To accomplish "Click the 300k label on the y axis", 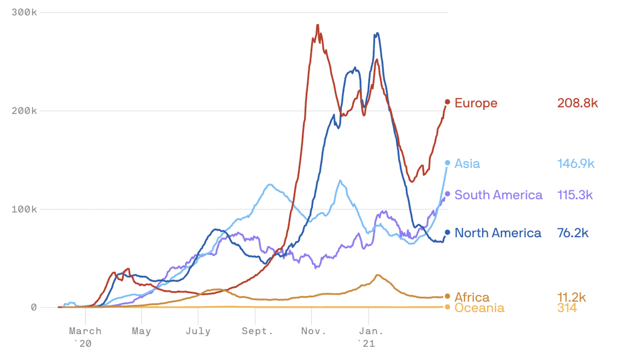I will coord(24,12).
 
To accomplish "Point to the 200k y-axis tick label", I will coord(24,111).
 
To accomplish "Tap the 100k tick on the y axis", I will coord(24,209).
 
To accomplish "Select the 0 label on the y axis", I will coord(34,307).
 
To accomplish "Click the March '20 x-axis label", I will coord(85,337).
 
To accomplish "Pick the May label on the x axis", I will coord(141,331).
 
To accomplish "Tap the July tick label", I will coord(198,331).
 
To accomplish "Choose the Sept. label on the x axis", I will coord(257,331).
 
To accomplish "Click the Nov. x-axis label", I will coord(313,331).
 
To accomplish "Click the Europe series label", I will coord(476,103).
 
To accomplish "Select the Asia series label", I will coord(467,164).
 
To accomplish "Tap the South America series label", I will coord(499,195).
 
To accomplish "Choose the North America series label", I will coord(498,233).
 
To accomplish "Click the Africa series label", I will coord(472,297).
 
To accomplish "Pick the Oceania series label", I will coord(479,308).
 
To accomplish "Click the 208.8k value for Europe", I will coord(578,103).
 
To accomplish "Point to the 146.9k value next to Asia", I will coord(576,164).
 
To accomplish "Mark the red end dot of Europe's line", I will coord(447,102).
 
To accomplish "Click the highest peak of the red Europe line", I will coord(317,25).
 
